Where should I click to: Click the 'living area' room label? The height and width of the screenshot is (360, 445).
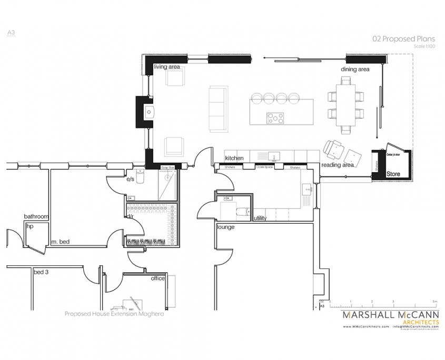point(167,67)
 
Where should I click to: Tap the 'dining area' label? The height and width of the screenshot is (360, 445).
point(355,69)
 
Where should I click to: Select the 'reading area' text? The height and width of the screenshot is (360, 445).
point(338,165)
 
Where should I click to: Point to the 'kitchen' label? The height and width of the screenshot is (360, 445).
point(234,158)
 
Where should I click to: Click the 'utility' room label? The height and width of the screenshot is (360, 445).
point(260,218)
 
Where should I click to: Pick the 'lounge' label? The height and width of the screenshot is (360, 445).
point(225,227)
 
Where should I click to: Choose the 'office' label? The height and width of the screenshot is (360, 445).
point(158,278)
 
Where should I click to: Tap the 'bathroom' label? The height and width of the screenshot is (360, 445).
point(36,216)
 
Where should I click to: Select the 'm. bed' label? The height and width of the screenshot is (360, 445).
point(61,242)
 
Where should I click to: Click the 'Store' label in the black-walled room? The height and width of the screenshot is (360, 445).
point(393,173)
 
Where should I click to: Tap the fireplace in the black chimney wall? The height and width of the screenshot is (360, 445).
point(150,111)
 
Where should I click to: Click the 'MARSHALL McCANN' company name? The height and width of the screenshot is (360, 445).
point(390,315)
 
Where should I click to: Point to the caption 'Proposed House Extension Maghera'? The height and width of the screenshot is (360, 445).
point(114,313)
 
